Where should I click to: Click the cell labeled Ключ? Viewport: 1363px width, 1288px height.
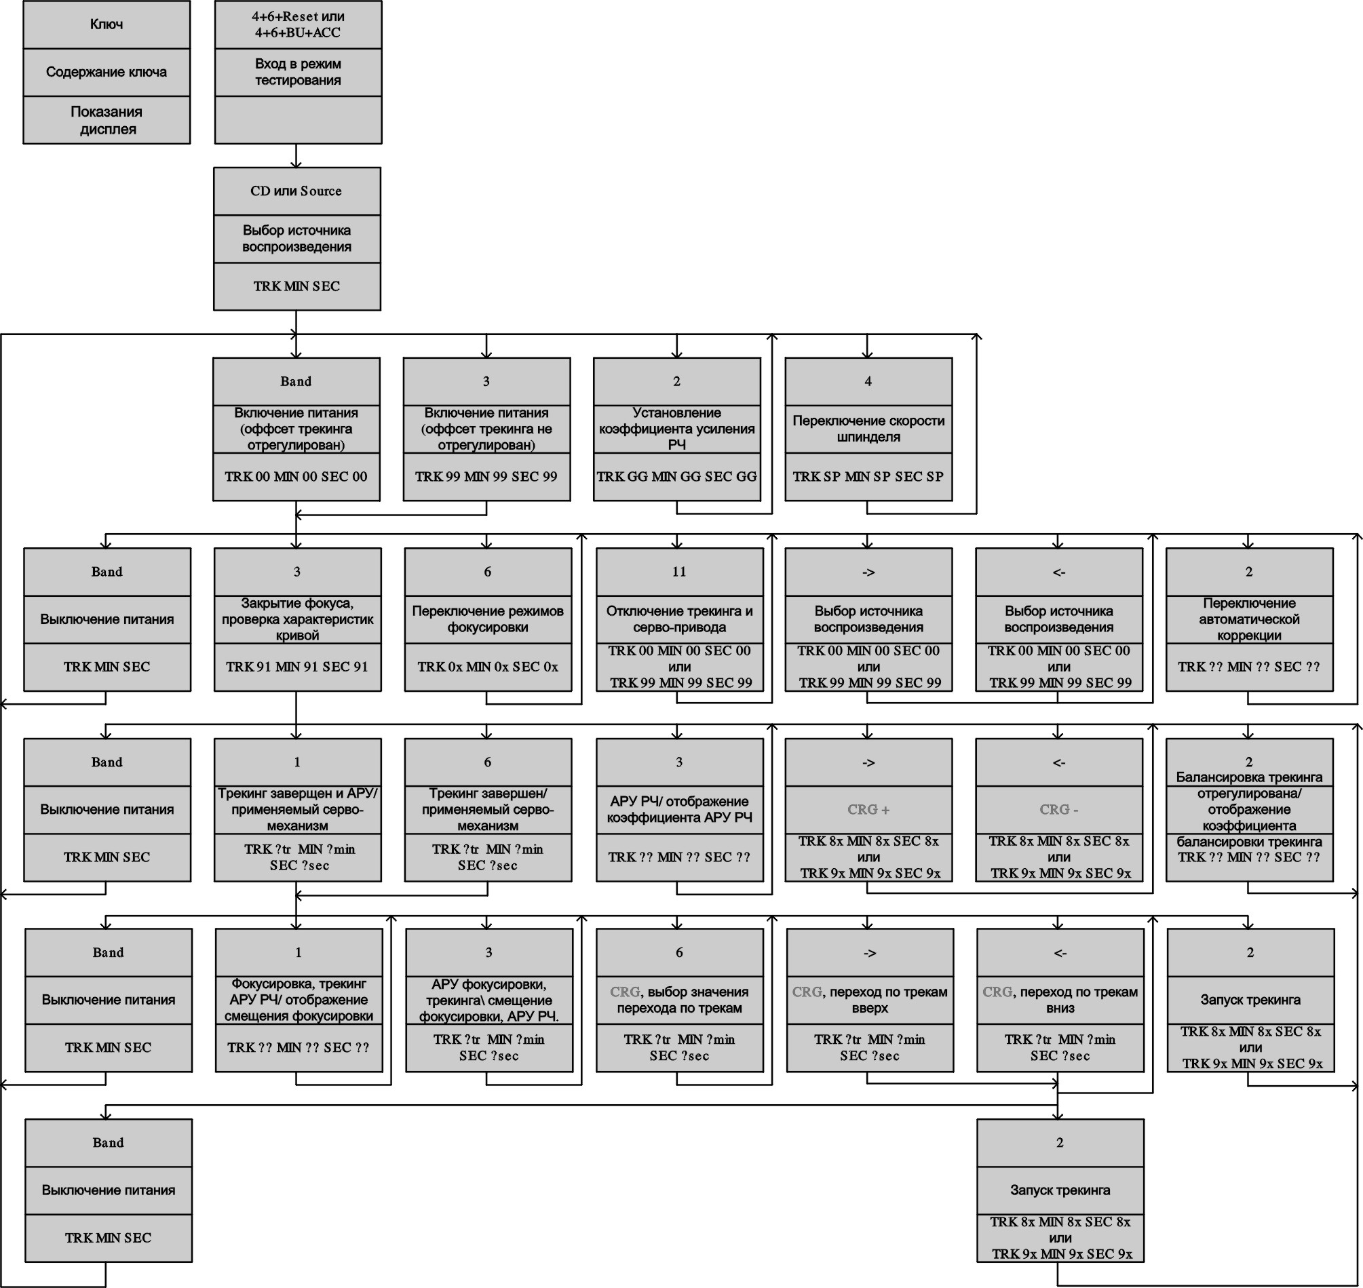click(x=107, y=24)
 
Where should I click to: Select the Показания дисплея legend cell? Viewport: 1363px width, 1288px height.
click(x=107, y=120)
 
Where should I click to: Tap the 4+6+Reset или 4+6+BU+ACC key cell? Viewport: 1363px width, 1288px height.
click(x=298, y=24)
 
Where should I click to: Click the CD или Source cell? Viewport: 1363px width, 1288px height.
click(x=296, y=191)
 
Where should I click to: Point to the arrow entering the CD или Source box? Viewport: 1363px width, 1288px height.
click(x=296, y=156)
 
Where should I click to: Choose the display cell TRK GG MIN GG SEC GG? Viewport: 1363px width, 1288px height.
click(x=677, y=477)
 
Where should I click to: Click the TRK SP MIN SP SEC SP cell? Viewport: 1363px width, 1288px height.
click(x=868, y=477)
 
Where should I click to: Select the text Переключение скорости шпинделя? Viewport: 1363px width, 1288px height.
click(x=868, y=429)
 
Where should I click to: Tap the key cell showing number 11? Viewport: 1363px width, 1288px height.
click(x=679, y=572)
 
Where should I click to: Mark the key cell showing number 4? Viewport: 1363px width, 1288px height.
click(x=868, y=381)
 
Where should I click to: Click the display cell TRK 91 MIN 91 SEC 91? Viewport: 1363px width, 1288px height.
click(x=297, y=667)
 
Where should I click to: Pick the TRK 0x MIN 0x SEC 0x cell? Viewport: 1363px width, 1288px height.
click(x=488, y=667)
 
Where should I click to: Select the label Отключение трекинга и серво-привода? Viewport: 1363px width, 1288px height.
click(x=679, y=619)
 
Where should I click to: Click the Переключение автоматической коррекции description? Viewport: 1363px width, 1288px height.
click(x=1249, y=619)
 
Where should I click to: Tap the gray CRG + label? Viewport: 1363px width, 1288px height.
click(x=868, y=809)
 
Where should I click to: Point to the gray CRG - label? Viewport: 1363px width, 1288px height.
click(x=1058, y=809)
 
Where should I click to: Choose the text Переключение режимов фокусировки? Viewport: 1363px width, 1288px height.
click(x=488, y=619)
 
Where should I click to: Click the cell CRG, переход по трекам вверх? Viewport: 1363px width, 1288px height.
click(x=870, y=1000)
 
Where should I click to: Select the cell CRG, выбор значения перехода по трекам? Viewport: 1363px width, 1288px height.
click(x=679, y=1000)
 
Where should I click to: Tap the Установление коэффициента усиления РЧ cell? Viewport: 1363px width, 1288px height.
click(x=677, y=429)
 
